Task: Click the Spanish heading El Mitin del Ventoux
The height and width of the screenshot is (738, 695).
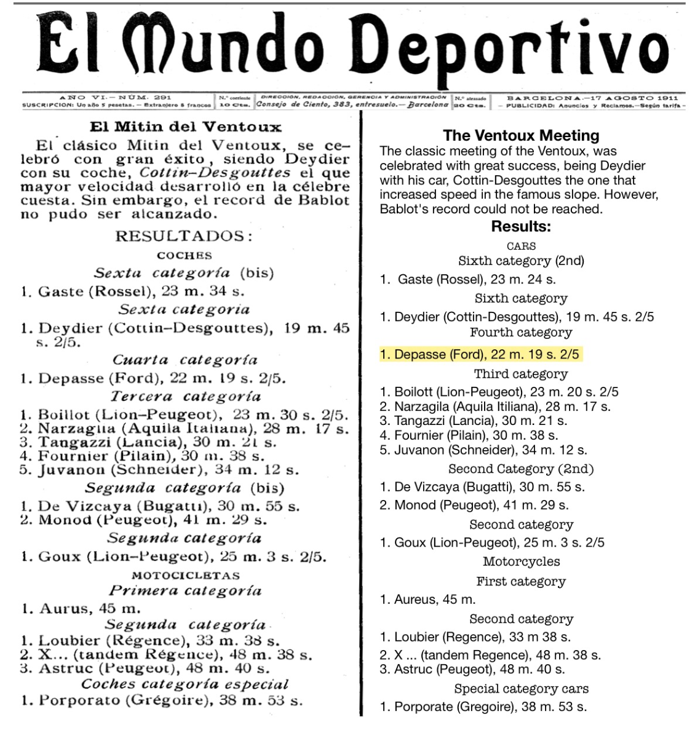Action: tap(185, 127)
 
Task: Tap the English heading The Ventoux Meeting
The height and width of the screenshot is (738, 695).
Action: tap(521, 135)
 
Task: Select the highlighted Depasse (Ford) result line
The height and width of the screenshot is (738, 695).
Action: tap(480, 354)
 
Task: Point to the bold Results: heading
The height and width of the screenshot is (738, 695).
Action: tap(521, 226)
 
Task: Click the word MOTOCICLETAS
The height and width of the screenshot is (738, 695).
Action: tap(186, 576)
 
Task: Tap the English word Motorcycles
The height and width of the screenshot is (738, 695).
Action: tap(521, 561)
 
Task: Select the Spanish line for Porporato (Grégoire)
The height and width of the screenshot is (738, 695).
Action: tap(161, 700)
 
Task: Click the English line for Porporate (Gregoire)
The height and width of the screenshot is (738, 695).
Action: tap(483, 707)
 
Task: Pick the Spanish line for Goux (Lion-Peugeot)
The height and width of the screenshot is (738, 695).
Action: tap(173, 557)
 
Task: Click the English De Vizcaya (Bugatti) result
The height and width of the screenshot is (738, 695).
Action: tap(482, 487)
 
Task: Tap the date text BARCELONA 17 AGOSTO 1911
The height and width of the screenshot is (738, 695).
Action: tap(592, 98)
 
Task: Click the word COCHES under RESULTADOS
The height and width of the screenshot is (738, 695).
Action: tap(185, 255)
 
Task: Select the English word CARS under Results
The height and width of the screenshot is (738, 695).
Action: tap(521, 246)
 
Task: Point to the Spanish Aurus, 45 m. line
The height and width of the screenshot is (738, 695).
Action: tap(81, 609)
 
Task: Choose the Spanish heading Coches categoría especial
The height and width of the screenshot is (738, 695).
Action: tap(185, 684)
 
